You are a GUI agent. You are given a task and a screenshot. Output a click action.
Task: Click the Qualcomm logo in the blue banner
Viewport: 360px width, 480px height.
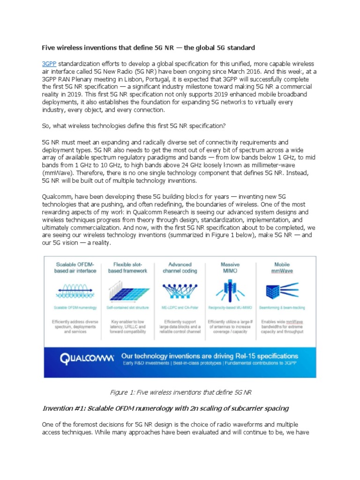87,359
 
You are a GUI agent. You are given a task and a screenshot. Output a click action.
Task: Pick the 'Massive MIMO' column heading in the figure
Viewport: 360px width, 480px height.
230,268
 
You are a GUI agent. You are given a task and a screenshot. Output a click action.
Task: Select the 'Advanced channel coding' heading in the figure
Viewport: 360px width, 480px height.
180,268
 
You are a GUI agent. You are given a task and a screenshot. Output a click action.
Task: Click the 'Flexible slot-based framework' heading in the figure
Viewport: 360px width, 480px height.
127,268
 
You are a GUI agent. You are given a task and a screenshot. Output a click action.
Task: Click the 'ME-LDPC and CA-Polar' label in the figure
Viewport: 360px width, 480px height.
180,307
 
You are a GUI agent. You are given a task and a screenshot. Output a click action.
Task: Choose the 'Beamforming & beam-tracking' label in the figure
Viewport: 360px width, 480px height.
282,307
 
